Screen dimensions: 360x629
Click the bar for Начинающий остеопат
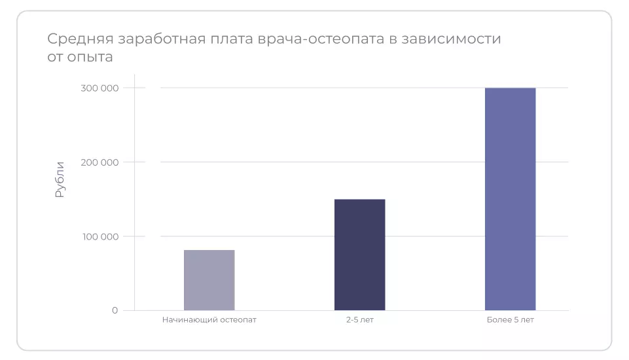click(209, 280)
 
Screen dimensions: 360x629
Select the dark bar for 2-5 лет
click(359, 255)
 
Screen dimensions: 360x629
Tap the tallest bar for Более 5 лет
click(510, 199)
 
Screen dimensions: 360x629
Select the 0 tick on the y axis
click(115, 310)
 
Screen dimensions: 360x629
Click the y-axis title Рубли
click(60, 179)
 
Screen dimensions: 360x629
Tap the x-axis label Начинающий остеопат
click(209, 321)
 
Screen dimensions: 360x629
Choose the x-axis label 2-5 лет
click(359, 321)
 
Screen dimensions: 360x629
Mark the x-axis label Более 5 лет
click(510, 321)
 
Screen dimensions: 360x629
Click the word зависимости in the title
click(456, 39)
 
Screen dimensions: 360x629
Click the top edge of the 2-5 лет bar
click(359, 200)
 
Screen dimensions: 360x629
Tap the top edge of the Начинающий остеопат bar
click(209, 250)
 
